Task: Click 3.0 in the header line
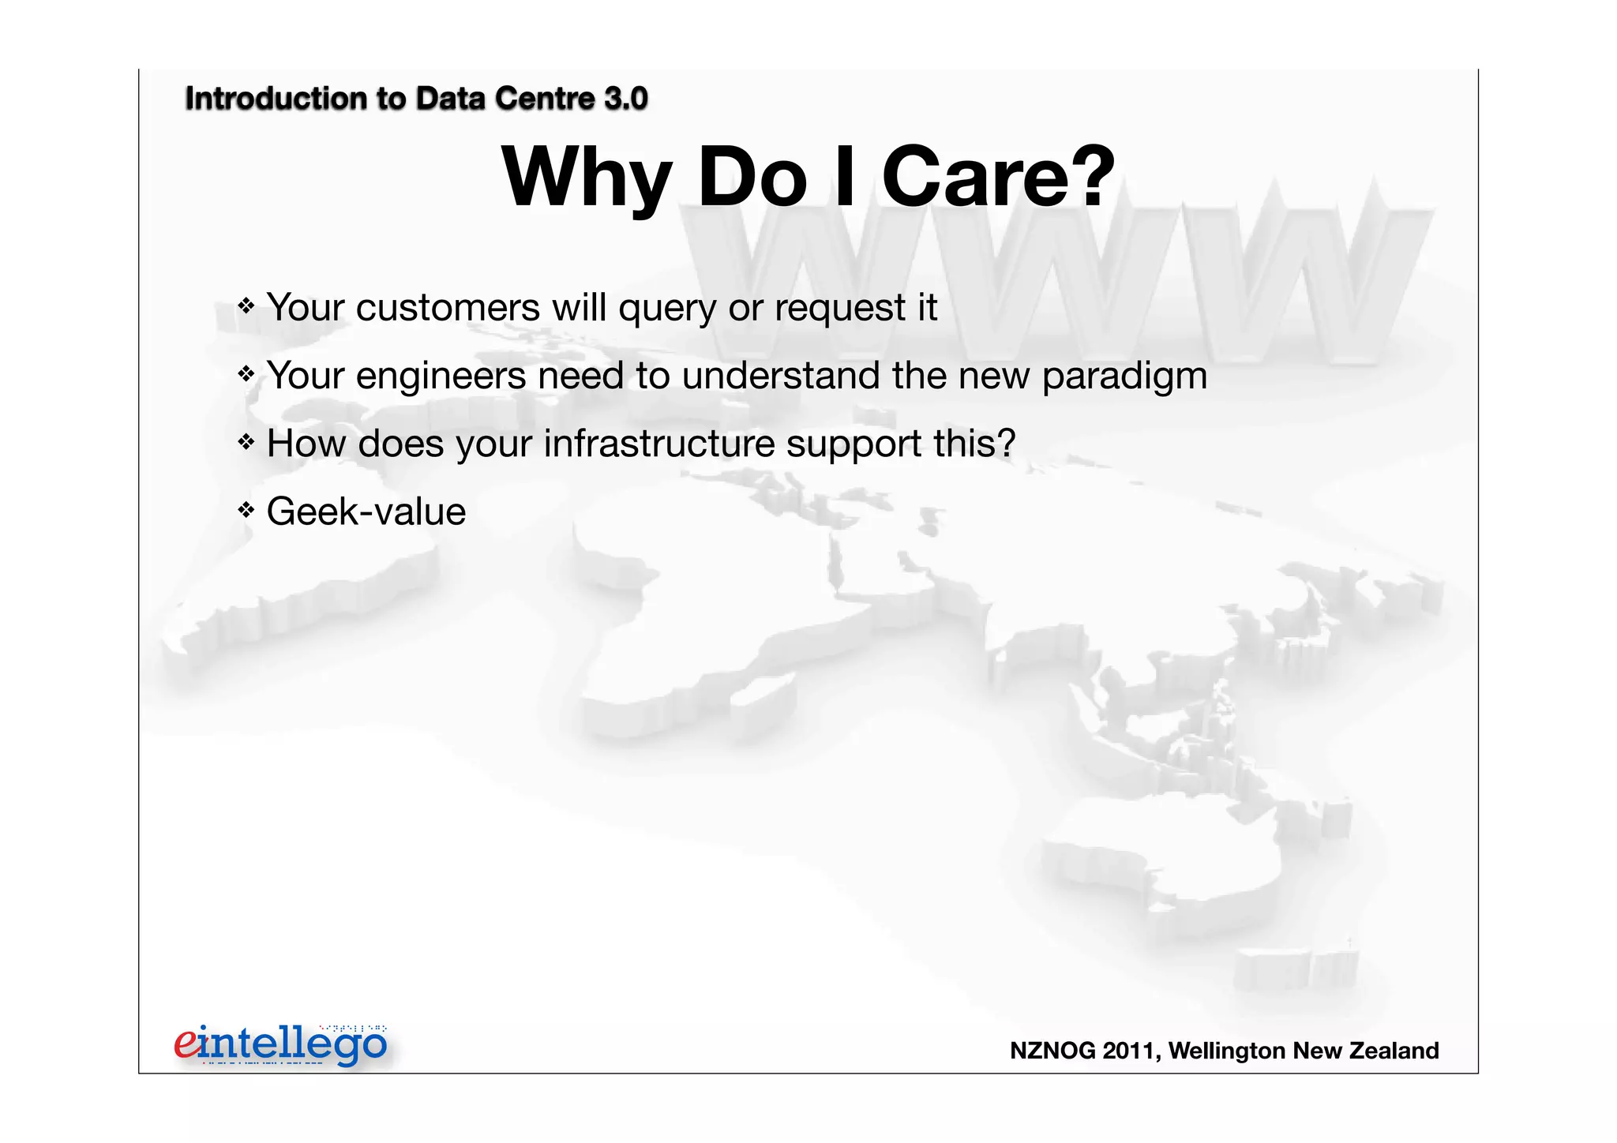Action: point(625,99)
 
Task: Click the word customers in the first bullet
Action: point(447,307)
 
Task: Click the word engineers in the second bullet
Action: point(441,377)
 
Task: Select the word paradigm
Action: point(1124,377)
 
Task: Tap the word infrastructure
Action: point(658,444)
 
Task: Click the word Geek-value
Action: point(366,512)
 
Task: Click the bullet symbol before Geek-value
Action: point(246,510)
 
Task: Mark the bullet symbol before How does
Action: point(246,442)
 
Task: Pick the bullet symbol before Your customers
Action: point(246,305)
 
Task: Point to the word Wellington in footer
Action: point(1227,1051)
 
